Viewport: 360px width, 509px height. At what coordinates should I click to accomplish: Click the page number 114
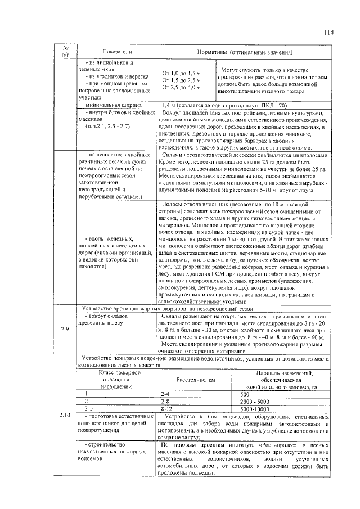click(328, 32)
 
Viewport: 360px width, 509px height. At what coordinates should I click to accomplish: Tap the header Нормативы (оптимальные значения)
click(245, 52)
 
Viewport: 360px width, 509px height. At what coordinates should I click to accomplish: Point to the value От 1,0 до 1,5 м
click(181, 74)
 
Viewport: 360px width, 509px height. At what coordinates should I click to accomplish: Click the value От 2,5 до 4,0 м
click(181, 87)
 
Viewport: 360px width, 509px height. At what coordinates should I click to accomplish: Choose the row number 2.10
click(64, 415)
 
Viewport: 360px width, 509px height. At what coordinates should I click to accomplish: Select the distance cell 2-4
click(166, 394)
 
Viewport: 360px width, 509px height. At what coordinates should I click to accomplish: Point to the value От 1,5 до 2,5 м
click(181, 80)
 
